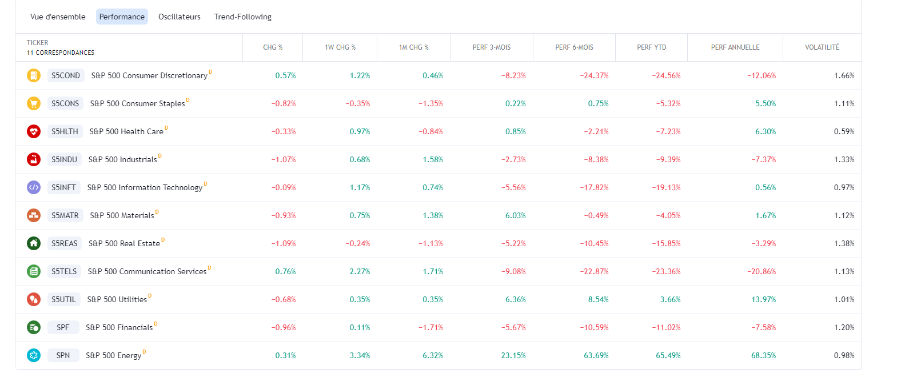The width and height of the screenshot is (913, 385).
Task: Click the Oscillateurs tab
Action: point(180,17)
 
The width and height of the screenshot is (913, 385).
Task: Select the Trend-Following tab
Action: point(243,17)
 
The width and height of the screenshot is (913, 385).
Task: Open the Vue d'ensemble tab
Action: point(58,17)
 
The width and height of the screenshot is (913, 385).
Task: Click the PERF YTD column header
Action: point(651,47)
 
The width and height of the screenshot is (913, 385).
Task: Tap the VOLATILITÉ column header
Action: point(822,47)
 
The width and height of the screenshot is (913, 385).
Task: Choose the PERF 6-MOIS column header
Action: point(574,47)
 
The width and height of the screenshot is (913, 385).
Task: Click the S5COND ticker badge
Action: point(66,75)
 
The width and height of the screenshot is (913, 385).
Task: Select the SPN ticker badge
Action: point(63,355)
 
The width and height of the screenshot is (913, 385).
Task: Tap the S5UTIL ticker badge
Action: point(63,299)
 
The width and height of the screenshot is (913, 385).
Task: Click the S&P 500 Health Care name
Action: point(126,131)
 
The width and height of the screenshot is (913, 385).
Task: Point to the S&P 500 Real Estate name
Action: point(124,244)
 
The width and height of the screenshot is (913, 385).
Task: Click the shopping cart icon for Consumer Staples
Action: point(34,103)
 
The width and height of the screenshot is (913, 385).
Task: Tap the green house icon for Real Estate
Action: point(34,244)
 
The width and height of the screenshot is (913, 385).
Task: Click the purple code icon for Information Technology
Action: point(34,187)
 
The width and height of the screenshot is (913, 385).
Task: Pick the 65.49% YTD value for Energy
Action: point(668,356)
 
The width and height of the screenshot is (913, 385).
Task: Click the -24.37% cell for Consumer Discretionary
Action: point(594,76)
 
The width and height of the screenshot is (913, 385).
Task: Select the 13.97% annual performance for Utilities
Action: point(763,300)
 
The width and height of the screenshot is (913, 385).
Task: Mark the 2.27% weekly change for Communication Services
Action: point(360,272)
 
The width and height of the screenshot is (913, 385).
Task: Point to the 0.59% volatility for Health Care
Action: point(844,131)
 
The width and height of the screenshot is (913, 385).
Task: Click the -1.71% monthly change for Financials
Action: point(430,327)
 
